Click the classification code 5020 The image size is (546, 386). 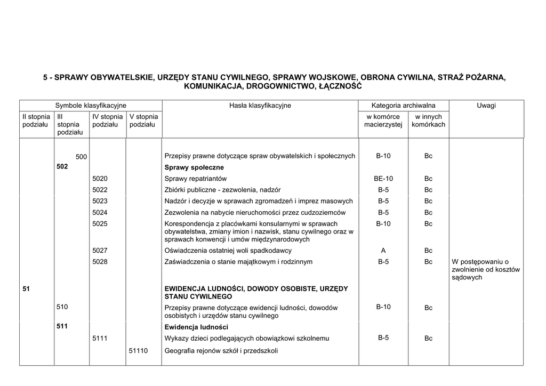coord(100,179)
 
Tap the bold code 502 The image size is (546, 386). coord(62,167)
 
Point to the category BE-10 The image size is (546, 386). coord(383,179)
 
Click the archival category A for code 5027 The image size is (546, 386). coord(383,251)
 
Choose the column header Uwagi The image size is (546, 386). coord(486,106)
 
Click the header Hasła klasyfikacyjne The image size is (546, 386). coord(260,106)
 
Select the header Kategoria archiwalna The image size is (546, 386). coord(404,106)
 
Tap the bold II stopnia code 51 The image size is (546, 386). coord(27,289)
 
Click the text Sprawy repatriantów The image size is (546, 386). coord(196,179)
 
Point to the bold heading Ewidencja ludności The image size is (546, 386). coord(196,327)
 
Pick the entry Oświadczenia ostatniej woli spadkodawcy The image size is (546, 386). coord(228,251)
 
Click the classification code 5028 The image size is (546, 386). coord(100,262)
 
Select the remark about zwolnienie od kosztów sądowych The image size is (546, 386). coord(485,269)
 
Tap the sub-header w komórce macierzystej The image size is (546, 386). coord(383,120)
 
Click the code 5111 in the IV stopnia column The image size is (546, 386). coord(100,338)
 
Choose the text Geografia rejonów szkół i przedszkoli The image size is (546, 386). coord(221,351)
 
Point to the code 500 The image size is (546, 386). coord(81,156)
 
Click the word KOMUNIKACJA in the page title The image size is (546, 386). coord(212,86)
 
